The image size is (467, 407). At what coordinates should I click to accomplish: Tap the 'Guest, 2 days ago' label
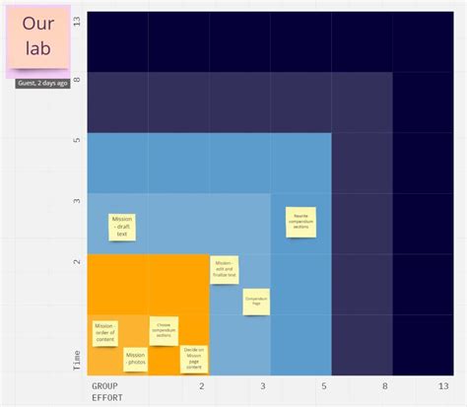click(42, 83)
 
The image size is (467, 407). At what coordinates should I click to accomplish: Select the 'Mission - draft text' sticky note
click(122, 228)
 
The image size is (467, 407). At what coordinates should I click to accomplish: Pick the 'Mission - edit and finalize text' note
click(224, 270)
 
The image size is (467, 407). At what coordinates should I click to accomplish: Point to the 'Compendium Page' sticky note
click(257, 302)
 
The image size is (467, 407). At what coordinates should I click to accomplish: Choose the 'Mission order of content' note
click(104, 332)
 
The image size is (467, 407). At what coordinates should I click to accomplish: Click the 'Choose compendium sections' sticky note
click(164, 330)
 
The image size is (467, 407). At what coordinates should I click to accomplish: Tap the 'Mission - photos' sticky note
click(135, 359)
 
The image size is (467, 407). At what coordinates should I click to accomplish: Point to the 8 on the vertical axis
click(78, 77)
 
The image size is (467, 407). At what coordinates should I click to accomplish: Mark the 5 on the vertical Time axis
click(78, 139)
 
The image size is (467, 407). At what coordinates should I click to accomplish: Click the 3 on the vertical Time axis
click(78, 200)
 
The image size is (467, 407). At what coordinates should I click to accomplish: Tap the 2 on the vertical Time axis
click(78, 262)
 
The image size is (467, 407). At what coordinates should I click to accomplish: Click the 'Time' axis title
click(78, 360)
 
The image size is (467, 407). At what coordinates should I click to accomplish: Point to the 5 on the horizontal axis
click(325, 386)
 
